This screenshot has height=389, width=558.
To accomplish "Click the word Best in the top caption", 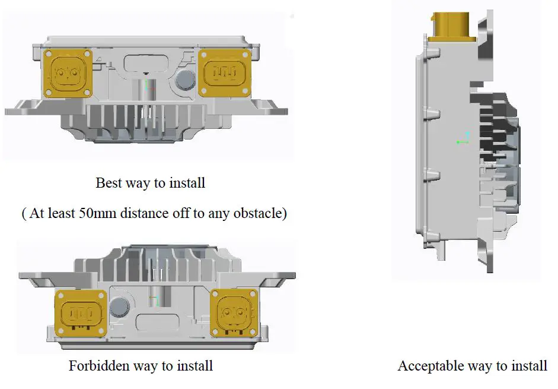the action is point(109,182).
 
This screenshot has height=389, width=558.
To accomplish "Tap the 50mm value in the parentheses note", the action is point(94,213).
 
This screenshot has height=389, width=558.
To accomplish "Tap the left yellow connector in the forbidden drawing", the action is point(80,312).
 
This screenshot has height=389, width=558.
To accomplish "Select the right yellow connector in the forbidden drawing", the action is point(235,312).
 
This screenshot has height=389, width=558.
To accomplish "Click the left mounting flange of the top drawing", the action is point(24,110).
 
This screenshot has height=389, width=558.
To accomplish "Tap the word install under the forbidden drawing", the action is point(193,365).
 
